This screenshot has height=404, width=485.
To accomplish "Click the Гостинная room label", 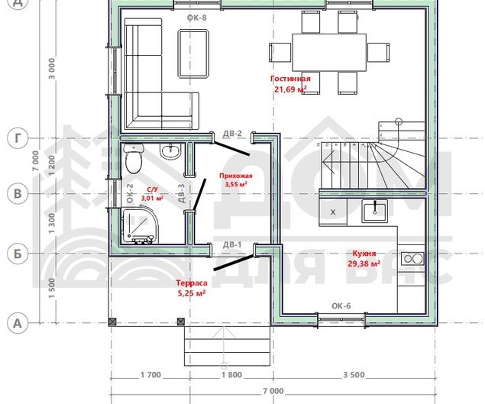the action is pyautogui.click(x=290, y=79).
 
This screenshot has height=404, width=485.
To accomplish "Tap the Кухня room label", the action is pyautogui.click(x=364, y=254).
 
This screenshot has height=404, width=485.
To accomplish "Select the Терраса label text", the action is pyautogui.click(x=192, y=283).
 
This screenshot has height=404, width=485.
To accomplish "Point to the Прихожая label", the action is pyautogui.click(x=236, y=176).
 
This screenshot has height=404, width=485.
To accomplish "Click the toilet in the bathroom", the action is pyautogui.click(x=134, y=158).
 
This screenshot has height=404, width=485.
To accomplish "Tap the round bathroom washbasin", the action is pyautogui.click(x=170, y=151).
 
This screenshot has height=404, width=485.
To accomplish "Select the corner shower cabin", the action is pyautogui.click(x=140, y=226).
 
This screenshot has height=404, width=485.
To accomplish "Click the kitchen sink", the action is pyautogui.click(x=375, y=211).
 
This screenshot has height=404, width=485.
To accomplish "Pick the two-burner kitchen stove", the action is pyautogui.click(x=413, y=258).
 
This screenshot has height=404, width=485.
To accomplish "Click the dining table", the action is pyautogui.click(x=329, y=53).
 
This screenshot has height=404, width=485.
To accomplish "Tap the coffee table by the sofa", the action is pyautogui.click(x=193, y=53).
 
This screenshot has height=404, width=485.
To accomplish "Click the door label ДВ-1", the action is pyautogui.click(x=232, y=245).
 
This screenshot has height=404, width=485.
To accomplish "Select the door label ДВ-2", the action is pyautogui.click(x=232, y=134).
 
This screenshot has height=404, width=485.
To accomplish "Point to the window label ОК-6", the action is pyautogui.click(x=341, y=306).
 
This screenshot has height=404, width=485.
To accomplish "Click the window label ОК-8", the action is pyautogui.click(x=197, y=18).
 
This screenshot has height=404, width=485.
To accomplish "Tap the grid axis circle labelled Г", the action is pyautogui.click(x=18, y=138).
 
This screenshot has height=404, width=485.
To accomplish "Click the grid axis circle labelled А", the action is pyautogui.click(x=18, y=323).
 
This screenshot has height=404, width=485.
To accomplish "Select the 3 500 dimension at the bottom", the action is pyautogui.click(x=354, y=375).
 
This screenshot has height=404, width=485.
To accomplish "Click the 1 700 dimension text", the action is pyautogui.click(x=150, y=375).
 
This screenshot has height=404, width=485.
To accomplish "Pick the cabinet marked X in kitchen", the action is pyautogui.click(x=333, y=212).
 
